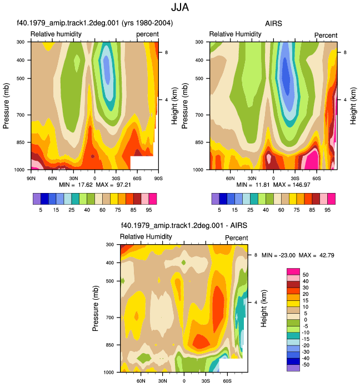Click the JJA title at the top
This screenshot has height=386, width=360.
[x=180, y=7]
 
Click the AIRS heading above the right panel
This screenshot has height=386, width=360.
[x=273, y=23]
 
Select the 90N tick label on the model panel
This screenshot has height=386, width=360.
[x=31, y=179]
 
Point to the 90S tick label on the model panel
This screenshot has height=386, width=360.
[x=158, y=179]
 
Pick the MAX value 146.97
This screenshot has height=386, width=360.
[x=301, y=185]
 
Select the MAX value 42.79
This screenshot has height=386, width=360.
[x=327, y=255]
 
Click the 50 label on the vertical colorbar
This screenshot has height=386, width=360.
[x=306, y=275]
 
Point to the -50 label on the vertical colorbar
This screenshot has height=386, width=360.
[x=306, y=365]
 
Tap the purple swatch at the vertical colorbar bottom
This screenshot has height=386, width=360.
[x=293, y=368]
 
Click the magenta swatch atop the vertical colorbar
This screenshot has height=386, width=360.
[x=293, y=271]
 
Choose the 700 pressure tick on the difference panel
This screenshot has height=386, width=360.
[x=110, y=318]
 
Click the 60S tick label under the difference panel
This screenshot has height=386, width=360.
[x=227, y=381]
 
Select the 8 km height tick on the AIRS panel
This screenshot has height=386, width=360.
[x=345, y=52]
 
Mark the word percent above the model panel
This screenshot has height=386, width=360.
[x=148, y=34]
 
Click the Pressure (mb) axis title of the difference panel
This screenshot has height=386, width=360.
[x=96, y=309]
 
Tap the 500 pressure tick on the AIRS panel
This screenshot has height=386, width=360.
[x=199, y=78]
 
